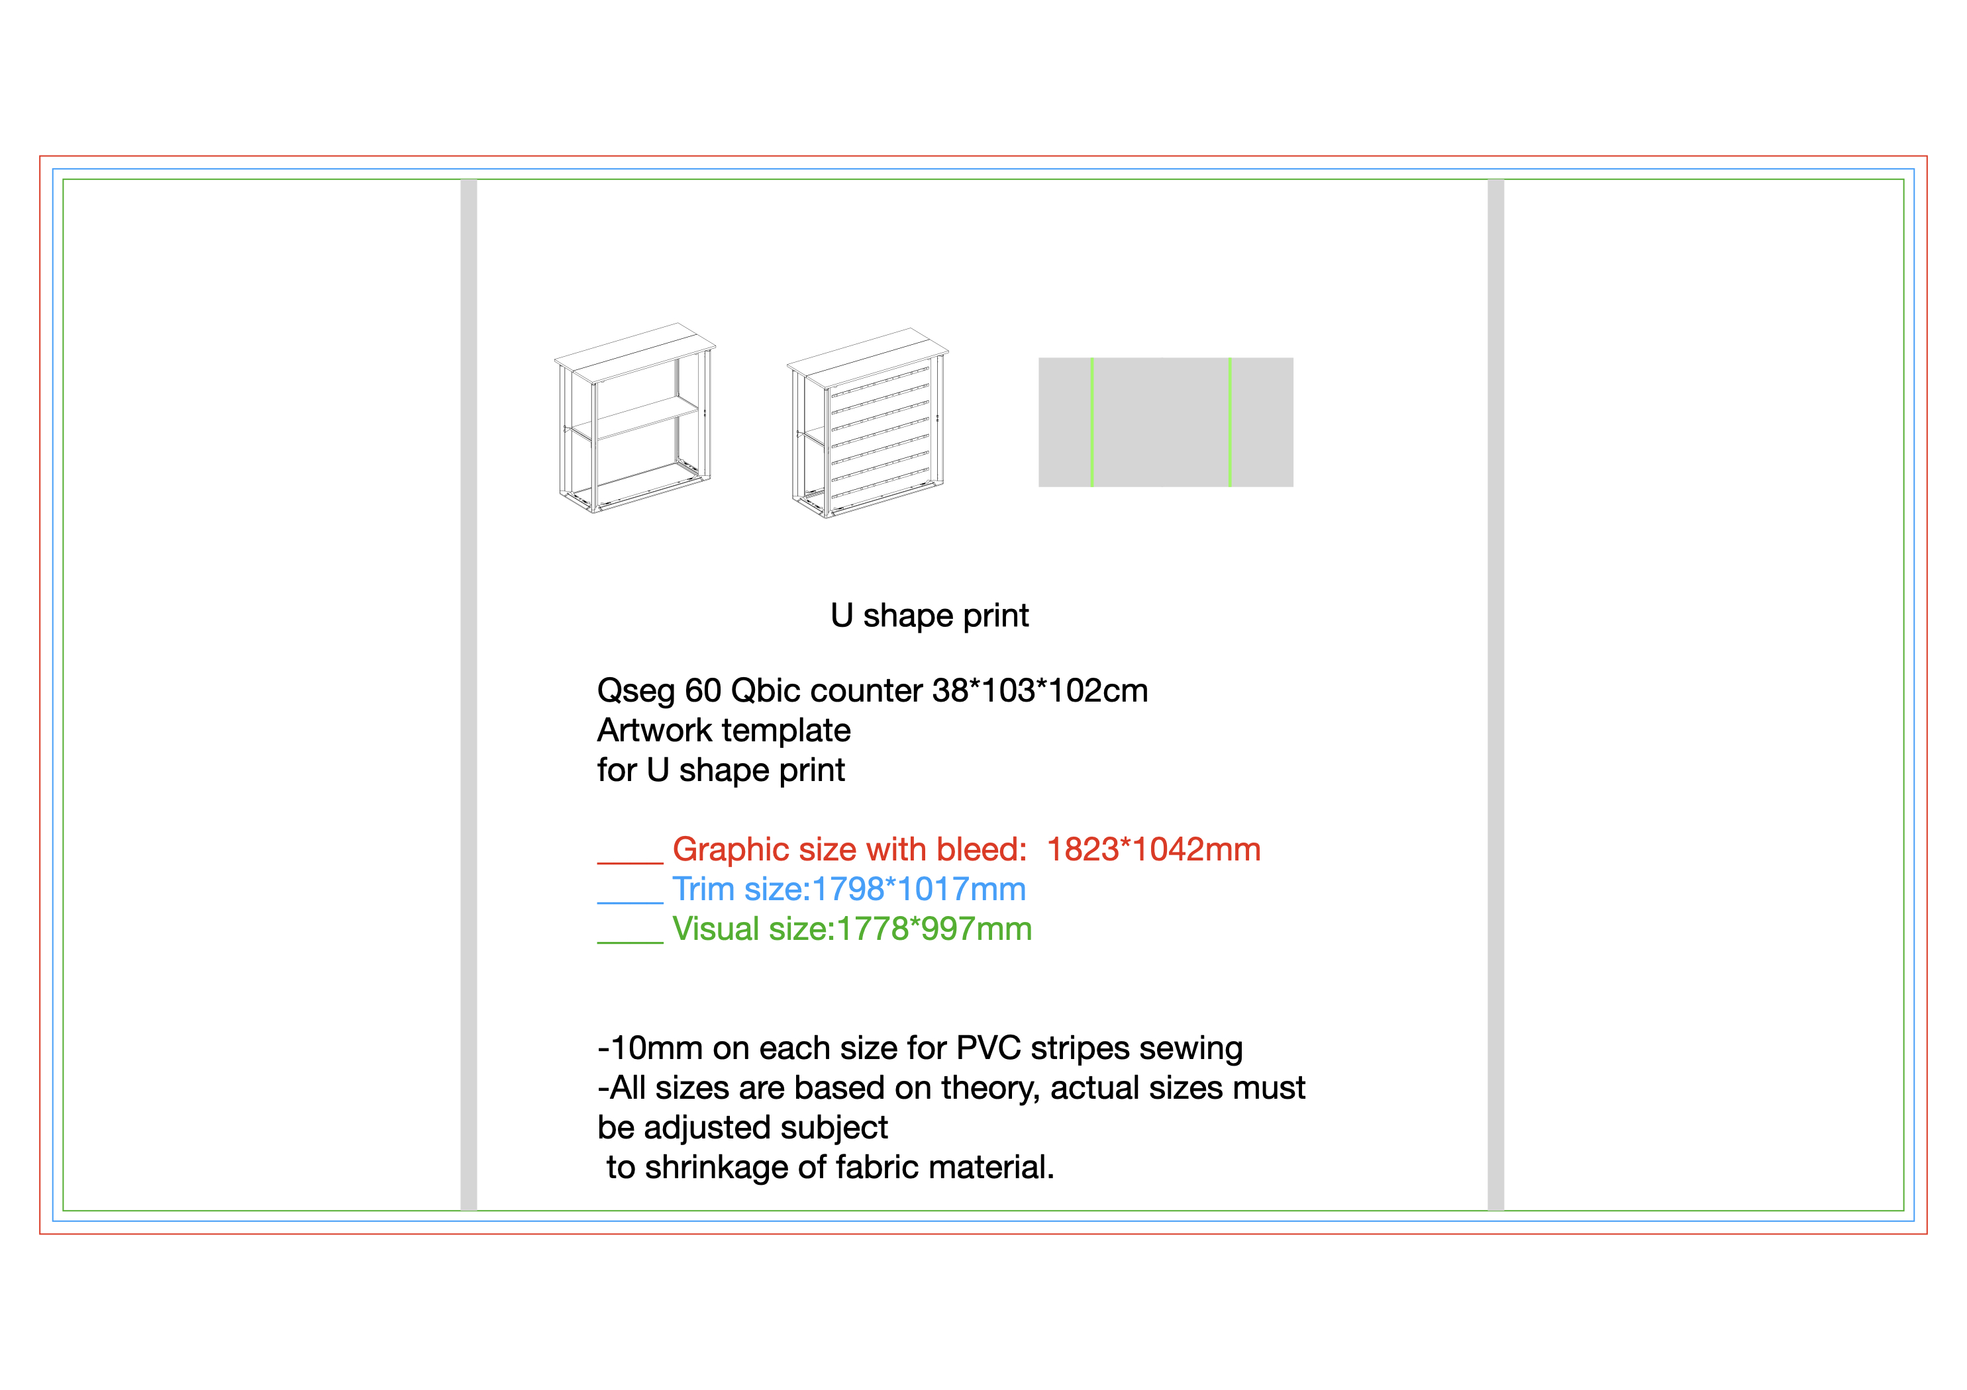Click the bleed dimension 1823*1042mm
(x=1153, y=850)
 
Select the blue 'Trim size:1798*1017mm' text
(x=849, y=890)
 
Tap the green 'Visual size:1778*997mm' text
(x=852, y=929)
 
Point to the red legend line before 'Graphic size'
(x=630, y=863)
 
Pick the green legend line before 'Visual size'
(x=630, y=942)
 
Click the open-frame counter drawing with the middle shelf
(x=635, y=418)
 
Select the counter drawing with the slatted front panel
(x=868, y=423)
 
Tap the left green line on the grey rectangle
(x=1091, y=422)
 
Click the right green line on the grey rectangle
(x=1229, y=422)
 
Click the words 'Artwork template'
(x=724, y=731)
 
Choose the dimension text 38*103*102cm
(x=1040, y=690)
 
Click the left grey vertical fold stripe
(x=469, y=694)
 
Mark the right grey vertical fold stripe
(x=1496, y=694)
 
